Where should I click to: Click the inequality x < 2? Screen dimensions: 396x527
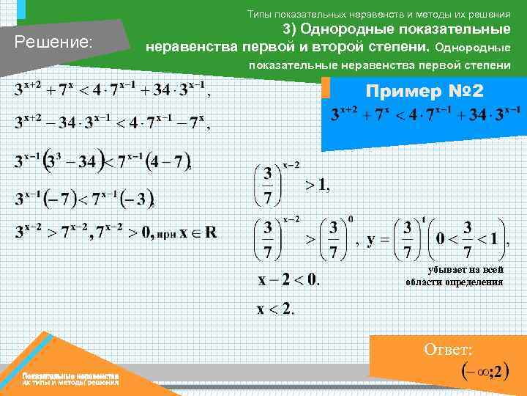point(274,309)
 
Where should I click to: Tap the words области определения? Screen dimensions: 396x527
point(454,282)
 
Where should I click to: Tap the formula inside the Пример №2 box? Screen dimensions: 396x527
point(425,114)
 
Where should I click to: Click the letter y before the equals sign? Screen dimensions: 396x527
point(372,239)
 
